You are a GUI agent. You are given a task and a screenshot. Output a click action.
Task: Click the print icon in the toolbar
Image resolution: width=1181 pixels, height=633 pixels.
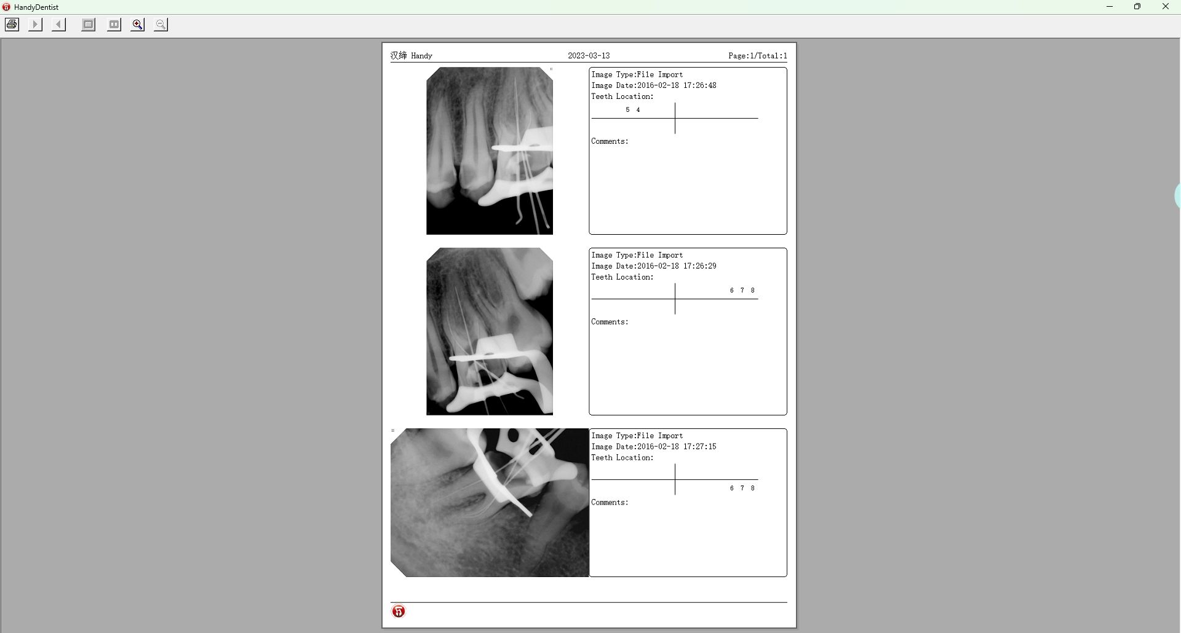pos(12,25)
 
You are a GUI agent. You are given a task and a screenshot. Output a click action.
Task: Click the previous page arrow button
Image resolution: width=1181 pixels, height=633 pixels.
pos(59,25)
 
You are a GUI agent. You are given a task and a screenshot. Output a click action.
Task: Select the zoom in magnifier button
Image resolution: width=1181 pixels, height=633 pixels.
pos(138,25)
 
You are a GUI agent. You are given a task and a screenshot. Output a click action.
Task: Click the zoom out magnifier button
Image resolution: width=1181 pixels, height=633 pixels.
pos(161,25)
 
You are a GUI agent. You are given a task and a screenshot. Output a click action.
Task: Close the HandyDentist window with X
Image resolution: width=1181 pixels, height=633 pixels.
pos(1165,7)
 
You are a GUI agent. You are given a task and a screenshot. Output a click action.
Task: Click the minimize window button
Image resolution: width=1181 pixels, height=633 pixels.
pos(1110,7)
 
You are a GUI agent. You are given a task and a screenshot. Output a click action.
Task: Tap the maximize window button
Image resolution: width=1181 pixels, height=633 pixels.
pos(1137,7)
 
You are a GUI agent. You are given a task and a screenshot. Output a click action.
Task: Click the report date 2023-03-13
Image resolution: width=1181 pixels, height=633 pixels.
pos(589,56)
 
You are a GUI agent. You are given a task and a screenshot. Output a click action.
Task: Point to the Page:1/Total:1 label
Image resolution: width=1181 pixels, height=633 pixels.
pos(758,56)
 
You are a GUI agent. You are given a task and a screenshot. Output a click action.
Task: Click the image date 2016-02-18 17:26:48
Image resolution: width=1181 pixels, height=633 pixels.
pos(677,85)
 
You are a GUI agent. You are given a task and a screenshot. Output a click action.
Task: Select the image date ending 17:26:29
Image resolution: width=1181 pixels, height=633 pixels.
pos(677,266)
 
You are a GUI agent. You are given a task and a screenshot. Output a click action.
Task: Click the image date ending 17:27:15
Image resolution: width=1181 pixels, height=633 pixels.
pos(677,447)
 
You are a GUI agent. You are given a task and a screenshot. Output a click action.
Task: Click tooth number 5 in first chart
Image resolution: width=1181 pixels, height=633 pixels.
pos(627,110)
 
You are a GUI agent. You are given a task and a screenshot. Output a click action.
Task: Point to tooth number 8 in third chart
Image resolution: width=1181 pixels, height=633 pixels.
pos(752,489)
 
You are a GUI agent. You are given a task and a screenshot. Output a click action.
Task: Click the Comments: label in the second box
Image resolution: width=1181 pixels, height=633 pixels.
pos(610,322)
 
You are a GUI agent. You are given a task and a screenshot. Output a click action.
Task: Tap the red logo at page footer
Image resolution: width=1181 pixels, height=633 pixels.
pos(399,611)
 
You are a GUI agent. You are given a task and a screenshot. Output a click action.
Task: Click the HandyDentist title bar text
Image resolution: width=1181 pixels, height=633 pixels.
pos(36,7)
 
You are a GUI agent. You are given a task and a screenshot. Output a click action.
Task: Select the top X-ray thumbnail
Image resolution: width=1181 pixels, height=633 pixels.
pos(490,151)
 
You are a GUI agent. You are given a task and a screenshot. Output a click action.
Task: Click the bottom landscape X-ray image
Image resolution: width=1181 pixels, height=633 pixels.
pos(490,503)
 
